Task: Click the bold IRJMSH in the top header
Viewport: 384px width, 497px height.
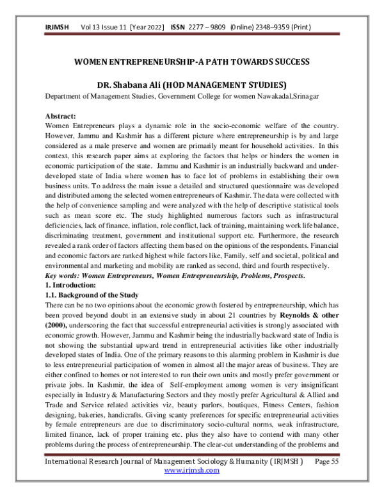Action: [x=56, y=28]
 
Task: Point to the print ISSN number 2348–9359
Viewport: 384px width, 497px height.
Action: [x=291, y=28]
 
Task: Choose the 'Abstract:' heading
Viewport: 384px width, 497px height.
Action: [x=61, y=116]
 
